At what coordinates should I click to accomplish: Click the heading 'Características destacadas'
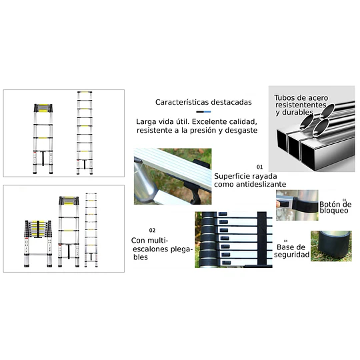click(x=203, y=102)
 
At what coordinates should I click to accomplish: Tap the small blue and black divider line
click(x=203, y=112)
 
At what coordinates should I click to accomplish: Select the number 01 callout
click(x=259, y=167)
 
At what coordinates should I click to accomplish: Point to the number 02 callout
click(x=152, y=230)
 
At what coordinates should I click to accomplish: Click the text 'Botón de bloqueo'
click(x=335, y=207)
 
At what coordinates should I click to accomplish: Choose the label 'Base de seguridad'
click(x=291, y=251)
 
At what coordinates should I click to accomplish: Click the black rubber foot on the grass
click(x=332, y=244)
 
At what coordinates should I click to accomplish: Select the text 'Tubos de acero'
click(x=301, y=98)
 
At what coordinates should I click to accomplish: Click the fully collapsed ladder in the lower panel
click(x=39, y=243)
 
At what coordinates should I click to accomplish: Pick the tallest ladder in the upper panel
click(x=85, y=133)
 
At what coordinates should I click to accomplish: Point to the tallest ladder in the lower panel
click(x=91, y=230)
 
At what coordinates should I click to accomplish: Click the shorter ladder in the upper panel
click(x=43, y=139)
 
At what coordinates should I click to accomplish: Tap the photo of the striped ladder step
click(x=173, y=176)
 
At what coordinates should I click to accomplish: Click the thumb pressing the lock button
click(x=279, y=204)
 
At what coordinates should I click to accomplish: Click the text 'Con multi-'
click(x=150, y=241)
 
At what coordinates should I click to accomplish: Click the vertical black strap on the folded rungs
click(x=262, y=238)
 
